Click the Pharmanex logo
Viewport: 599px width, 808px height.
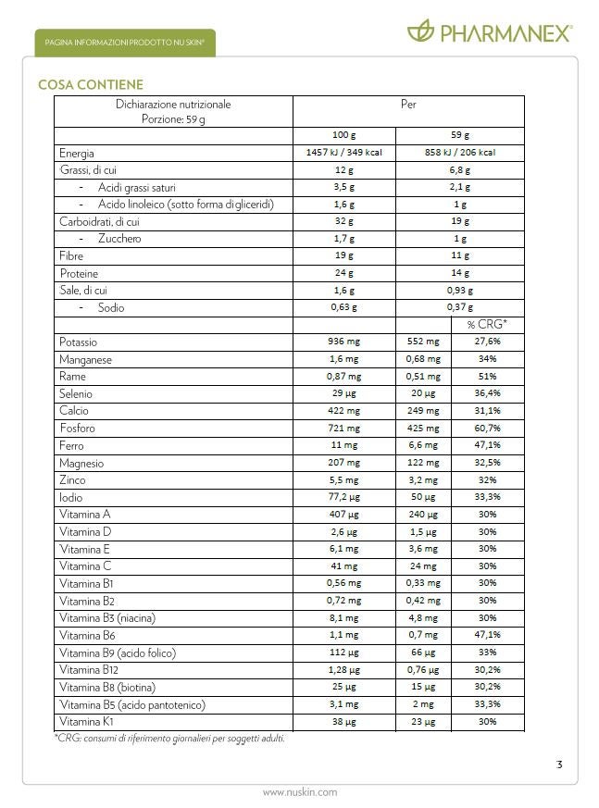pos(490,32)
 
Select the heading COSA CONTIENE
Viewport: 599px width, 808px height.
pos(91,85)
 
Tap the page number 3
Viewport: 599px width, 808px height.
pos(559,764)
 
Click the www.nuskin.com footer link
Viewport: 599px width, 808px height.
pos(299,791)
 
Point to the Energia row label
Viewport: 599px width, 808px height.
pos(77,154)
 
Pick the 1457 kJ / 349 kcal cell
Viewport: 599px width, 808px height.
pos(343,153)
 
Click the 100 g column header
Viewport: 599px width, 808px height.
pos(343,135)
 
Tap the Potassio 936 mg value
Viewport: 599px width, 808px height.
pos(343,342)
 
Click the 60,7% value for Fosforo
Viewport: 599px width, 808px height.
pos(487,429)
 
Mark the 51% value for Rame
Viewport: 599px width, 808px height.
pos(487,377)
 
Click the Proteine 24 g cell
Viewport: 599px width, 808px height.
pos(343,273)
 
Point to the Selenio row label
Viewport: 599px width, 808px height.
pos(76,394)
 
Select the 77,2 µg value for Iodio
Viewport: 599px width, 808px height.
pos(343,497)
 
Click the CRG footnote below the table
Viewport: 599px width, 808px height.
pos(169,738)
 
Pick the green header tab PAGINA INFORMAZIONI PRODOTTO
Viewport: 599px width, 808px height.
pos(124,43)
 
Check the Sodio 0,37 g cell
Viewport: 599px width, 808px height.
pos(459,308)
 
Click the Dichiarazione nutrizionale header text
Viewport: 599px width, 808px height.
pos(173,105)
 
